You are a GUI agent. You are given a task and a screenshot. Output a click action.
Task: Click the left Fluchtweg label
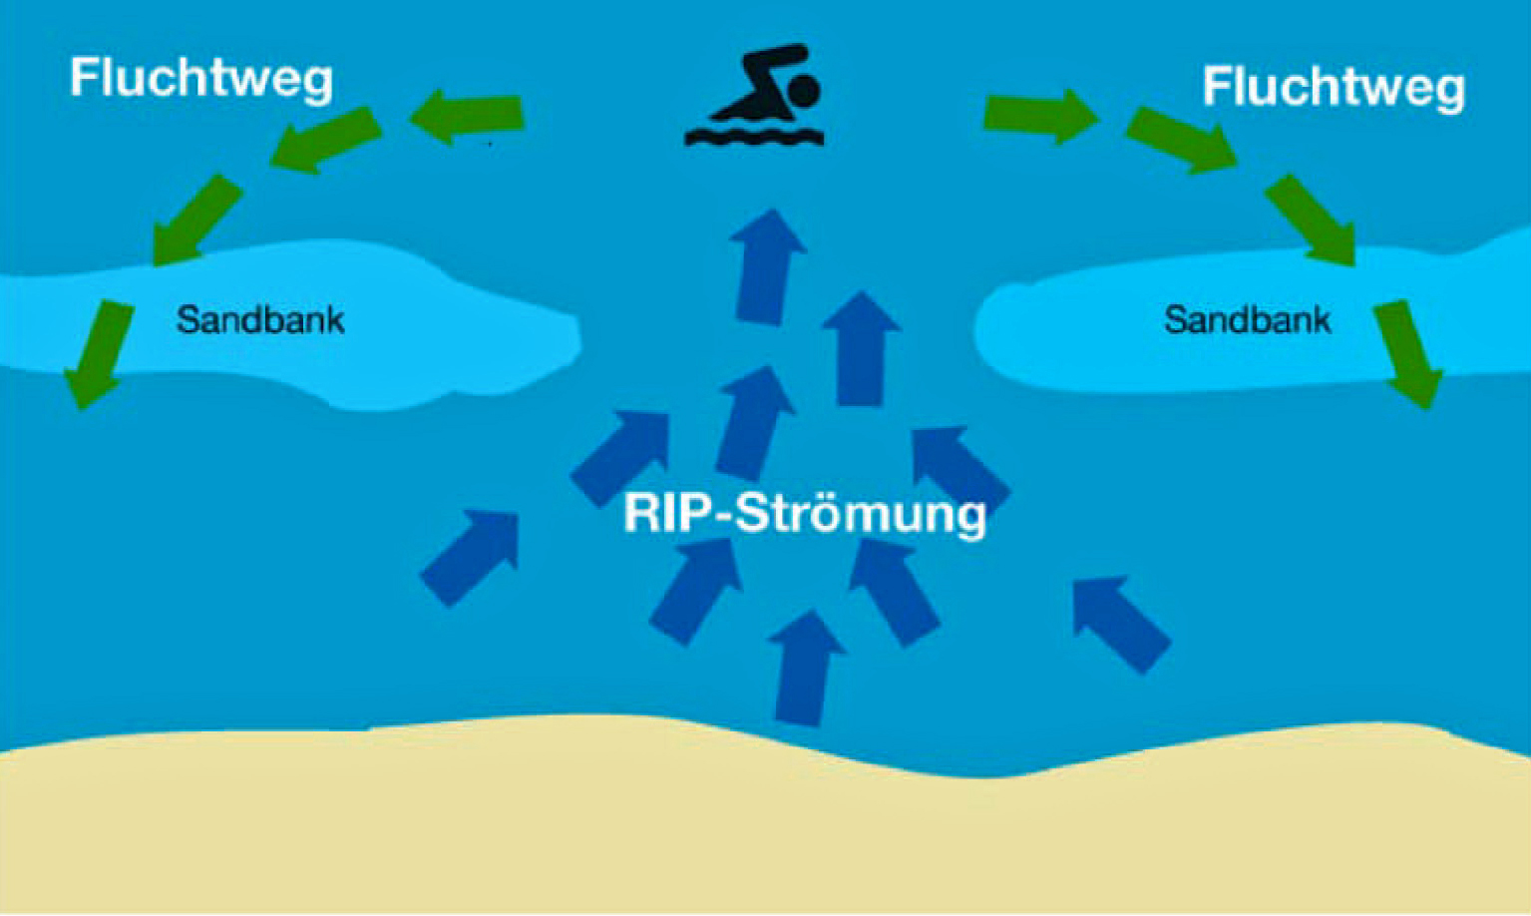[x=200, y=78]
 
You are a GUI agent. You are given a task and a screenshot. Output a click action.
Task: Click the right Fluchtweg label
[x=1333, y=87]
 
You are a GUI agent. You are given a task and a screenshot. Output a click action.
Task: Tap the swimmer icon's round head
[x=803, y=91]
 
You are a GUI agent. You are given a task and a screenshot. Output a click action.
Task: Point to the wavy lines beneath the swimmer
[x=754, y=135]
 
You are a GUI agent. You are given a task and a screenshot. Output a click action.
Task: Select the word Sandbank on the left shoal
[x=260, y=320]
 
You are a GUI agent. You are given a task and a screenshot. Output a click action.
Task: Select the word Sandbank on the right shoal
[x=1247, y=320]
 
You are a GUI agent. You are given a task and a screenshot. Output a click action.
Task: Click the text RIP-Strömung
[x=804, y=514]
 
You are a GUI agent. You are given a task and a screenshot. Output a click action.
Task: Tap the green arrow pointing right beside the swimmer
[x=1040, y=116]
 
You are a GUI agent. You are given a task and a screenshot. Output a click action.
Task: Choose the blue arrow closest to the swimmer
[x=766, y=264]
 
